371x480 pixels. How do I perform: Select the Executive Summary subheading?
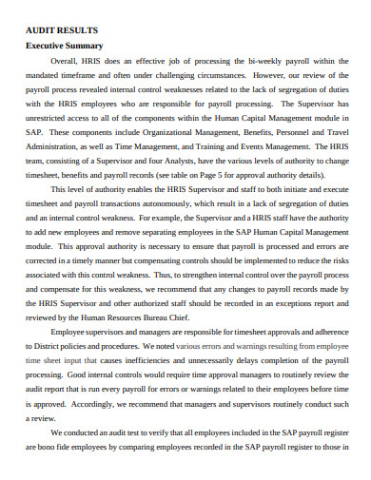[x=64, y=46]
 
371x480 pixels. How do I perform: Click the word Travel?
[x=337, y=150]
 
